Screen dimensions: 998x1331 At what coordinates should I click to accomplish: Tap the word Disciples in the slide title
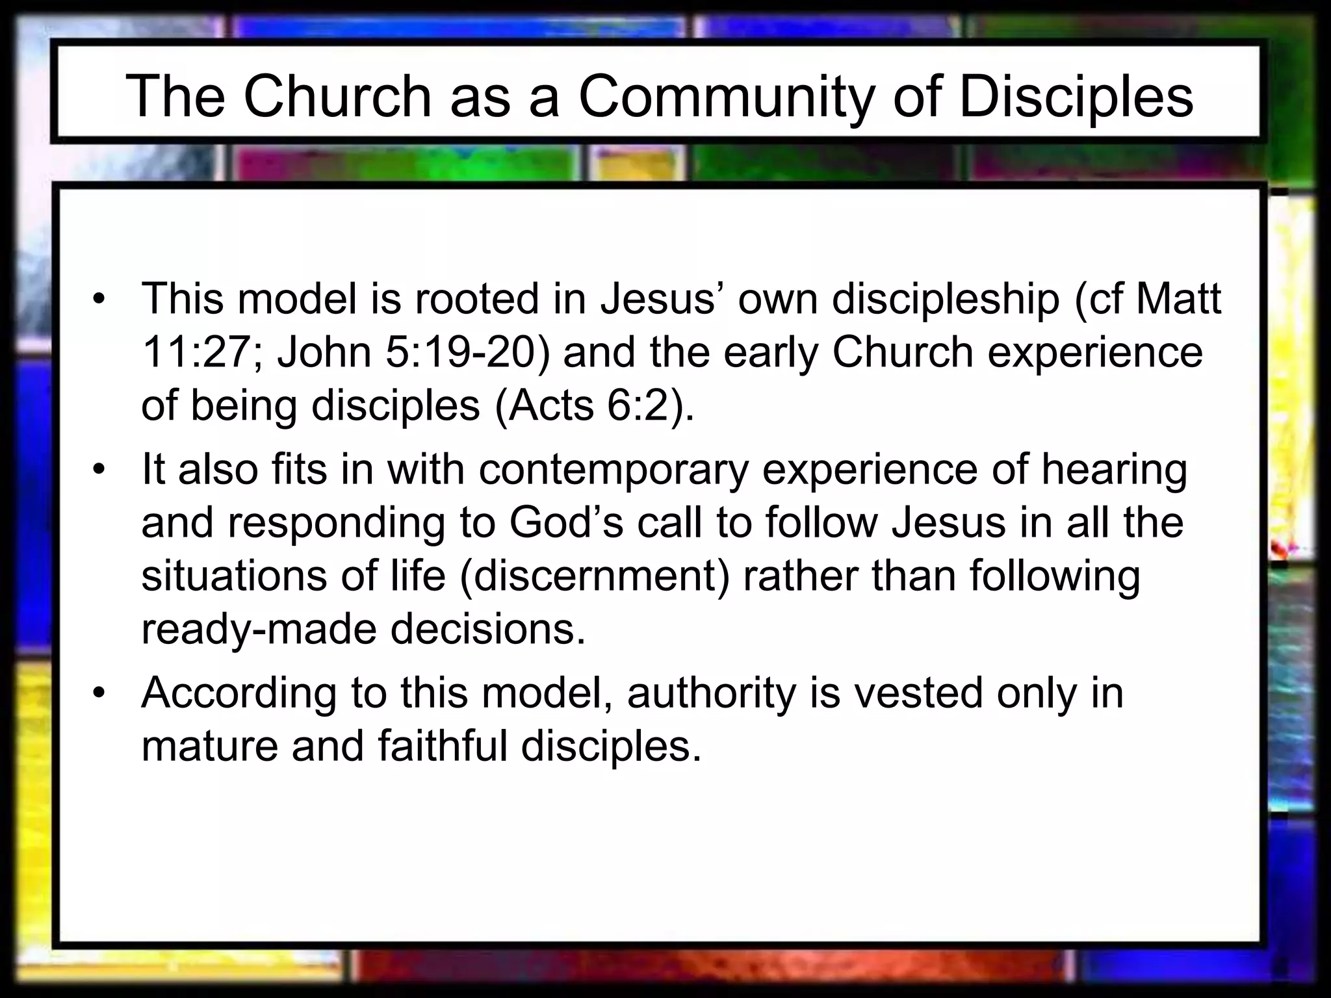click(x=1076, y=97)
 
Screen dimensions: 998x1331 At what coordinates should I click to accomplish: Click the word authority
click(x=712, y=694)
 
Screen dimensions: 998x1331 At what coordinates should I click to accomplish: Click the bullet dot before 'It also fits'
click(x=98, y=470)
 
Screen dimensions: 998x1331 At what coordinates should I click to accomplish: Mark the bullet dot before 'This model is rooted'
click(x=98, y=300)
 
